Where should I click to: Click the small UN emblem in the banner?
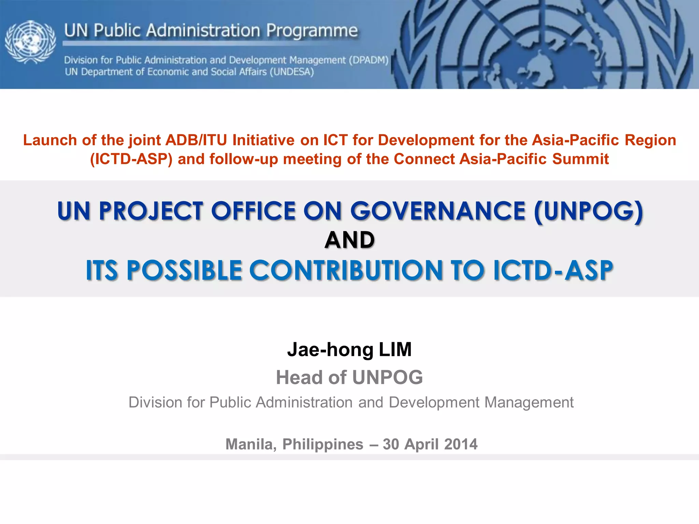pyautogui.click(x=30, y=42)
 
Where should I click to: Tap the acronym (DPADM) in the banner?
pyautogui.click(x=369, y=60)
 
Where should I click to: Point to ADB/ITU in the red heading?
pyautogui.click(x=196, y=140)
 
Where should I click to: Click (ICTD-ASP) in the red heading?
pyautogui.click(x=131, y=159)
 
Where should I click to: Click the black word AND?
pyautogui.click(x=349, y=240)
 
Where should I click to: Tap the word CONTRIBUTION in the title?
pyautogui.click(x=346, y=271)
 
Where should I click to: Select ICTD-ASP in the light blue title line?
pyautogui.click(x=553, y=271)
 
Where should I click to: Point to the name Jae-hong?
pyautogui.click(x=330, y=349)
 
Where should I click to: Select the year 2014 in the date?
pyautogui.click(x=461, y=444)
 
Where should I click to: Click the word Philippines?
pyautogui.click(x=323, y=444)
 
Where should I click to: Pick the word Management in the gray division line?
pyautogui.click(x=529, y=403)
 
